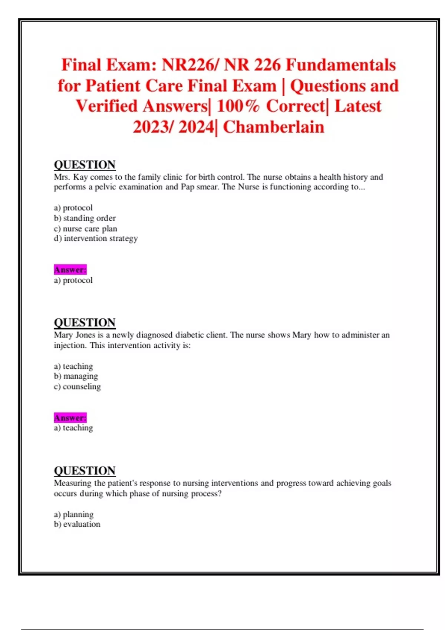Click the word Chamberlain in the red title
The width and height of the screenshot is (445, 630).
click(273, 127)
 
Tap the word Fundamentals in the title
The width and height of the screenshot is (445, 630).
click(341, 65)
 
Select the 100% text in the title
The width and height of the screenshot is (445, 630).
click(238, 106)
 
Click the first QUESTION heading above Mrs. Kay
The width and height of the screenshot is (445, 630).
click(85, 165)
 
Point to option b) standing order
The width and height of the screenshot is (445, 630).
click(85, 218)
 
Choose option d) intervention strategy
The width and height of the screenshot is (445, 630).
click(96, 238)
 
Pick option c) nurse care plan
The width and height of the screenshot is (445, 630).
click(85, 228)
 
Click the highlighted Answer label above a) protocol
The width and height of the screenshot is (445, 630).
click(70, 269)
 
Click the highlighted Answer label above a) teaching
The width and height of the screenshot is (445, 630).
click(70, 418)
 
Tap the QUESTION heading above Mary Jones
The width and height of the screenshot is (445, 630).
click(85, 322)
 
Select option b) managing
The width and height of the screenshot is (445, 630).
click(76, 376)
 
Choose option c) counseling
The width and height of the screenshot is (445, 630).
click(77, 387)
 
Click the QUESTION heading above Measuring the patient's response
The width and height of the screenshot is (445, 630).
click(85, 471)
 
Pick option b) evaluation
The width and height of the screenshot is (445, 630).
click(77, 524)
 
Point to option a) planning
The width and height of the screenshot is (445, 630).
click(73, 514)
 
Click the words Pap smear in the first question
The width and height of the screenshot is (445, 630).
click(200, 187)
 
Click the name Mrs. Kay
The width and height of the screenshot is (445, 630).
click(71, 177)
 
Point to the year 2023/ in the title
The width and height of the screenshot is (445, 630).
click(153, 127)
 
